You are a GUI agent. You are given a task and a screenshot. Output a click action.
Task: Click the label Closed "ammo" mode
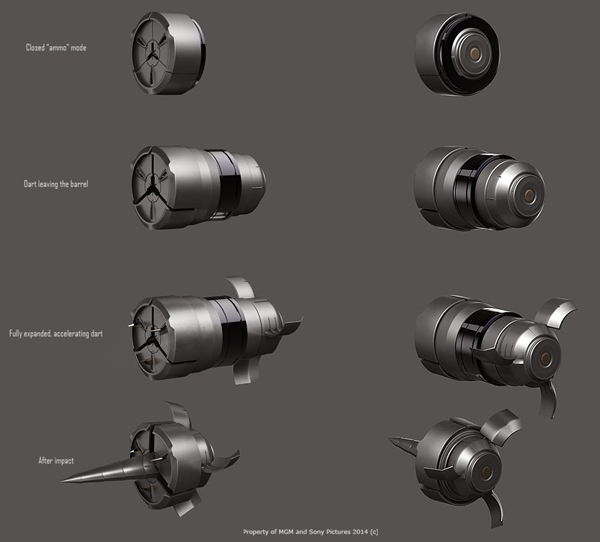56,48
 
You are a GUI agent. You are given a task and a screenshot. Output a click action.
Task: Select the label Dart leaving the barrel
56,184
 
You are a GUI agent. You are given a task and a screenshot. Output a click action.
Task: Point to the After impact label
56,460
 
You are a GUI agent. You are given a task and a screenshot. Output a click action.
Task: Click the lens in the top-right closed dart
475,55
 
